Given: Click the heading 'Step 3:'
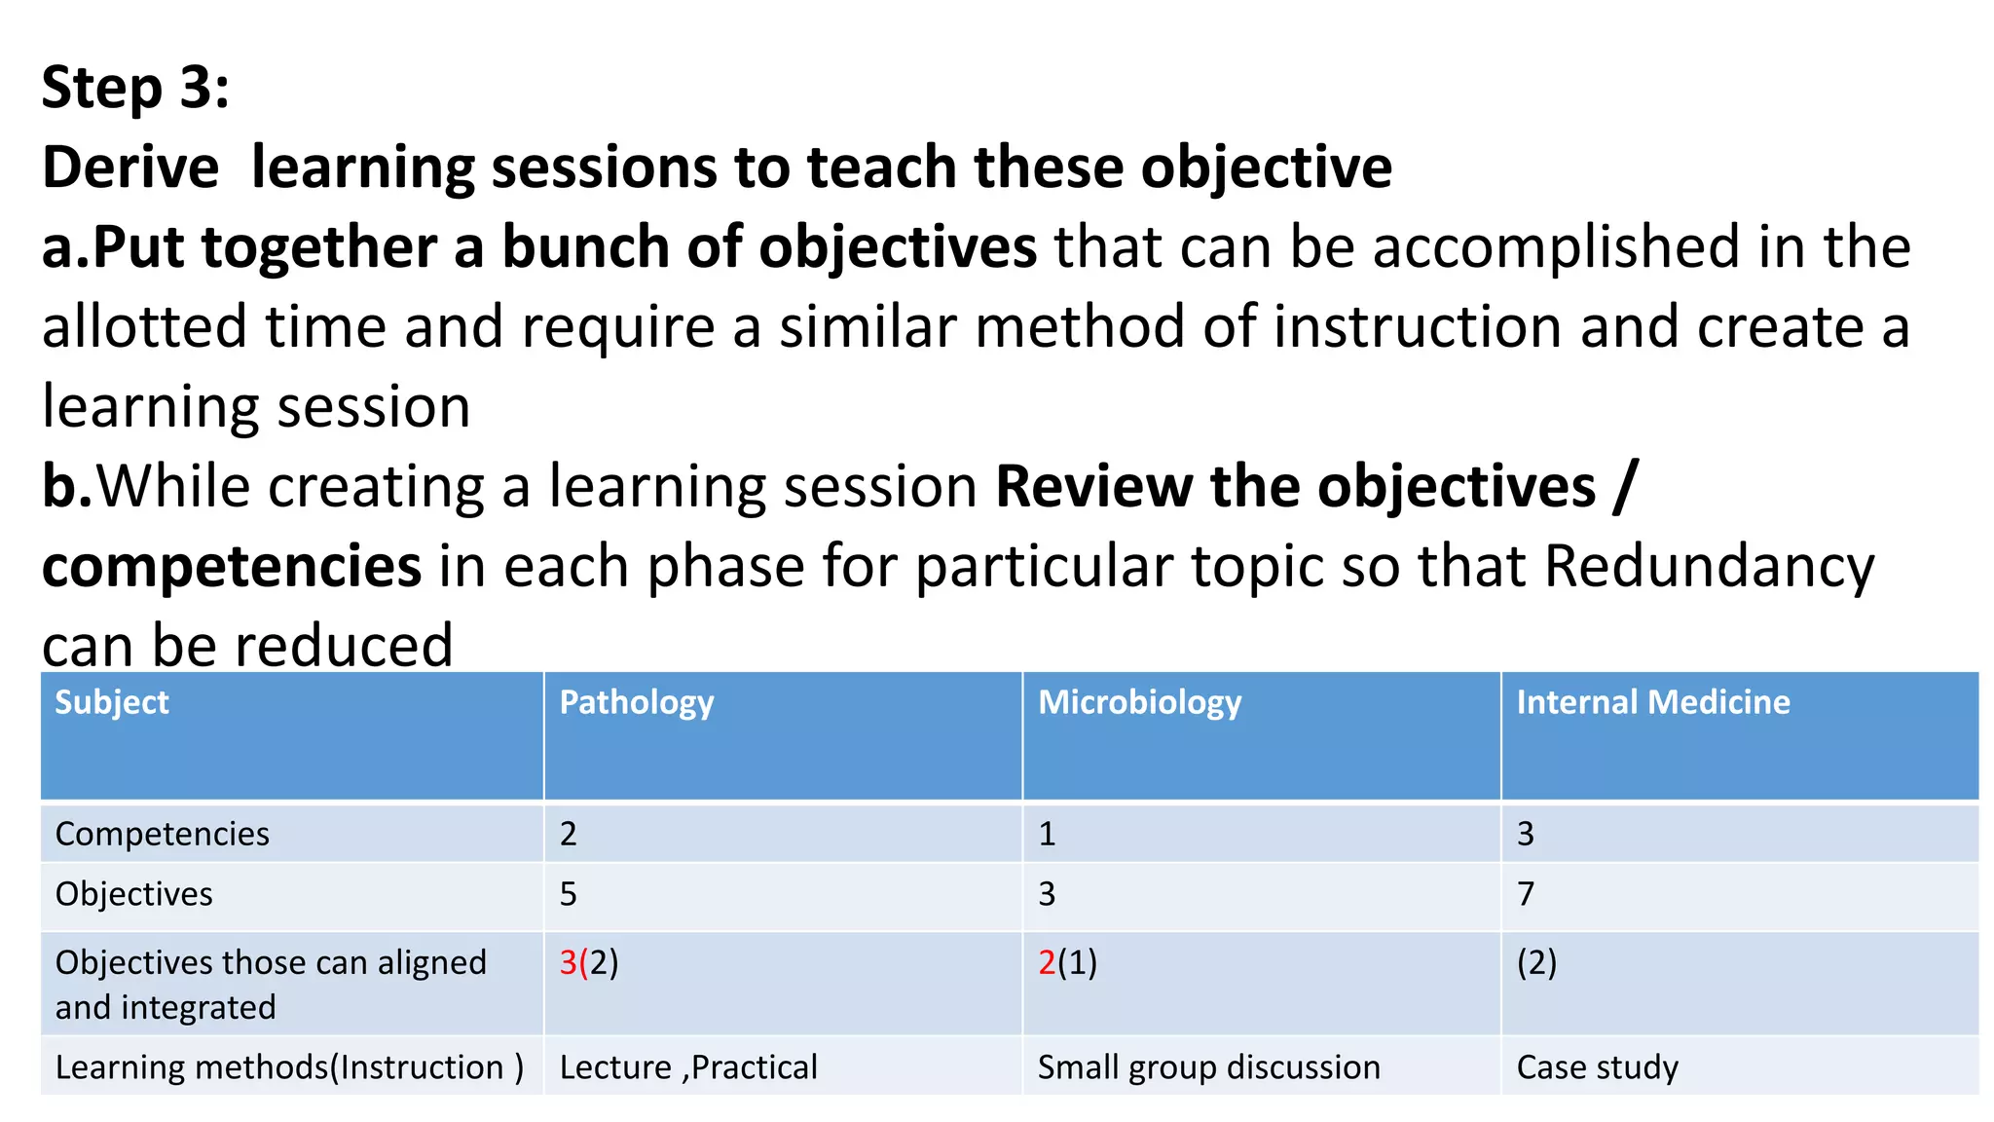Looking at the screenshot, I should tap(135, 88).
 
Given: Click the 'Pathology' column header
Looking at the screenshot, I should tap(637, 702).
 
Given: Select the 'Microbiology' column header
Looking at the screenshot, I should tap(1139, 702).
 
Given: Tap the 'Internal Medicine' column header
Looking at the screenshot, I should tap(1652, 702).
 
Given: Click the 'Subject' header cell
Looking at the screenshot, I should tap(112, 702).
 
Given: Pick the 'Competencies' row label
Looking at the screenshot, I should tap(163, 834).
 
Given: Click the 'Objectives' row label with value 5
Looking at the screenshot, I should tap(134, 894).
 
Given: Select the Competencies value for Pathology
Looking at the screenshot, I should tap(569, 834).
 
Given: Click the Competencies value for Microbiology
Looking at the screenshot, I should tap(1047, 834).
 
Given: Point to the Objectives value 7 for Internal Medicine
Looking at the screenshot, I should tap(1526, 894).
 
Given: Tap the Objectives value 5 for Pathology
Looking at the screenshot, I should tap(569, 894).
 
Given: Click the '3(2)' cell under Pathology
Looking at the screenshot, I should tap(589, 962).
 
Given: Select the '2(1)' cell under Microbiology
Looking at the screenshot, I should tap(1067, 962).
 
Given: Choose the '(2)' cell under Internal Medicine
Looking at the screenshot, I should tap(1536, 962).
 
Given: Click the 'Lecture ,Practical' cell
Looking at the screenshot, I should tap(688, 1067).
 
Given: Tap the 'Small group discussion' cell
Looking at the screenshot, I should tap(1208, 1067).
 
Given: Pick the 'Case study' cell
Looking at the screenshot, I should tap(1597, 1067).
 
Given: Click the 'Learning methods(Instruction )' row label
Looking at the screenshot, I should tap(289, 1067).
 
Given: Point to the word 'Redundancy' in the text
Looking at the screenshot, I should tap(1709, 566).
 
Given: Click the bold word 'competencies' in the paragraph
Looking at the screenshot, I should tap(232, 566).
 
